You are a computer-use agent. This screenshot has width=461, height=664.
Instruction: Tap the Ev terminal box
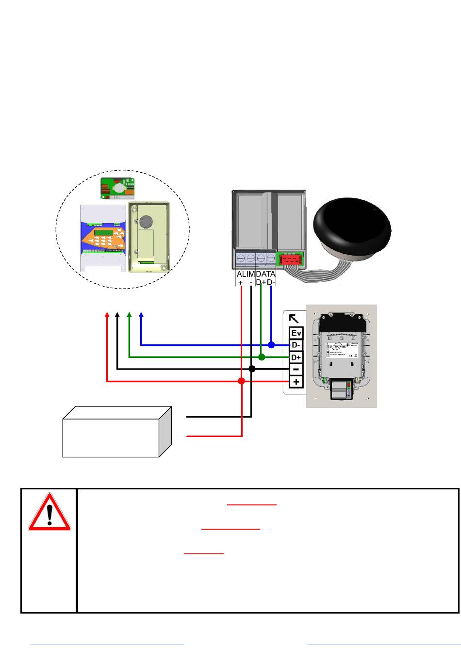[x=296, y=333]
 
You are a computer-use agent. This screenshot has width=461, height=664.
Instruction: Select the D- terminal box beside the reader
[x=296, y=345]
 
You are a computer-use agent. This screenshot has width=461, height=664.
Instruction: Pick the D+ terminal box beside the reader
[x=296, y=357]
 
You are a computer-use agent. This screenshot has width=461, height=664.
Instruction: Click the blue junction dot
[x=271, y=345]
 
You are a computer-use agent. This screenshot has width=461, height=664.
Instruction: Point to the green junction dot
[x=262, y=357]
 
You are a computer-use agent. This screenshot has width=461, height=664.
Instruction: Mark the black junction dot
[x=251, y=369]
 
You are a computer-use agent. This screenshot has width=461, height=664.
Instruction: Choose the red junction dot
[x=242, y=381]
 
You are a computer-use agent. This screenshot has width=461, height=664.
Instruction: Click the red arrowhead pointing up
[x=107, y=315]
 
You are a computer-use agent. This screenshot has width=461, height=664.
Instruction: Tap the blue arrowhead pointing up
[x=141, y=315]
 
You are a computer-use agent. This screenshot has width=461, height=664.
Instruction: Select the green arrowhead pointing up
[x=129, y=315]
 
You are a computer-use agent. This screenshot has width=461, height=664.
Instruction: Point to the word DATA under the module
[x=265, y=274]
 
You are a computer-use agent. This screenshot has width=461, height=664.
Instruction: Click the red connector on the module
[x=290, y=260]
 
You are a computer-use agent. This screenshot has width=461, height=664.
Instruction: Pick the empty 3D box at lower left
[x=116, y=433]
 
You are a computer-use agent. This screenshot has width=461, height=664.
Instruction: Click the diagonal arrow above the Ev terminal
[x=294, y=319]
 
